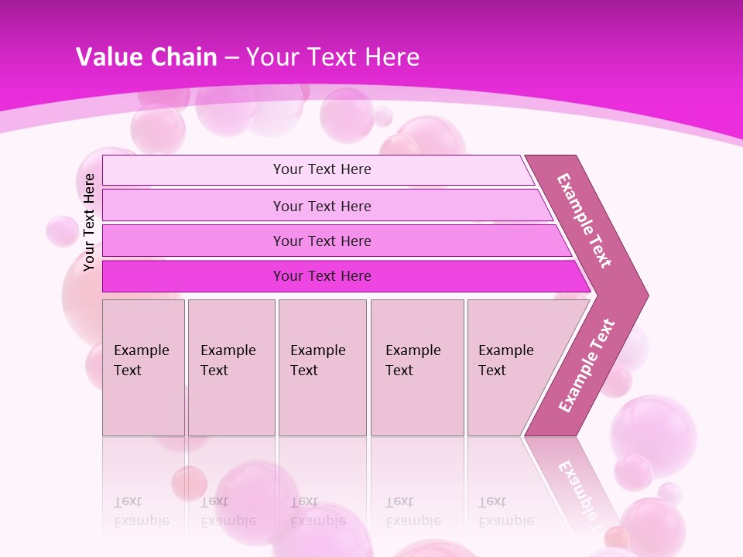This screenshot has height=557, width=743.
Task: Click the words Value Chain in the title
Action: pos(146,57)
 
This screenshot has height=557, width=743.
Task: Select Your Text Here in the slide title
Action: pos(333,57)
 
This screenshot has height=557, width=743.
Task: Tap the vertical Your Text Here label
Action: pos(90,222)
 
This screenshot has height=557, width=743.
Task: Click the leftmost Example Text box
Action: pos(143,367)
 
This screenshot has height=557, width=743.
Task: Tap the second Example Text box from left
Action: pos(231,367)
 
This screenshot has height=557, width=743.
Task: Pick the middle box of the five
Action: pos(322,367)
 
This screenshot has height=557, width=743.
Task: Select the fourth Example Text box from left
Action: pos(417,367)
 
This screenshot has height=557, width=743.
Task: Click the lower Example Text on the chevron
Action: pos(586,366)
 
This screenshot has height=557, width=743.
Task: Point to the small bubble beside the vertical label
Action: pos(61,231)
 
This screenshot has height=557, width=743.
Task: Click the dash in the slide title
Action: pos(231,58)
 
